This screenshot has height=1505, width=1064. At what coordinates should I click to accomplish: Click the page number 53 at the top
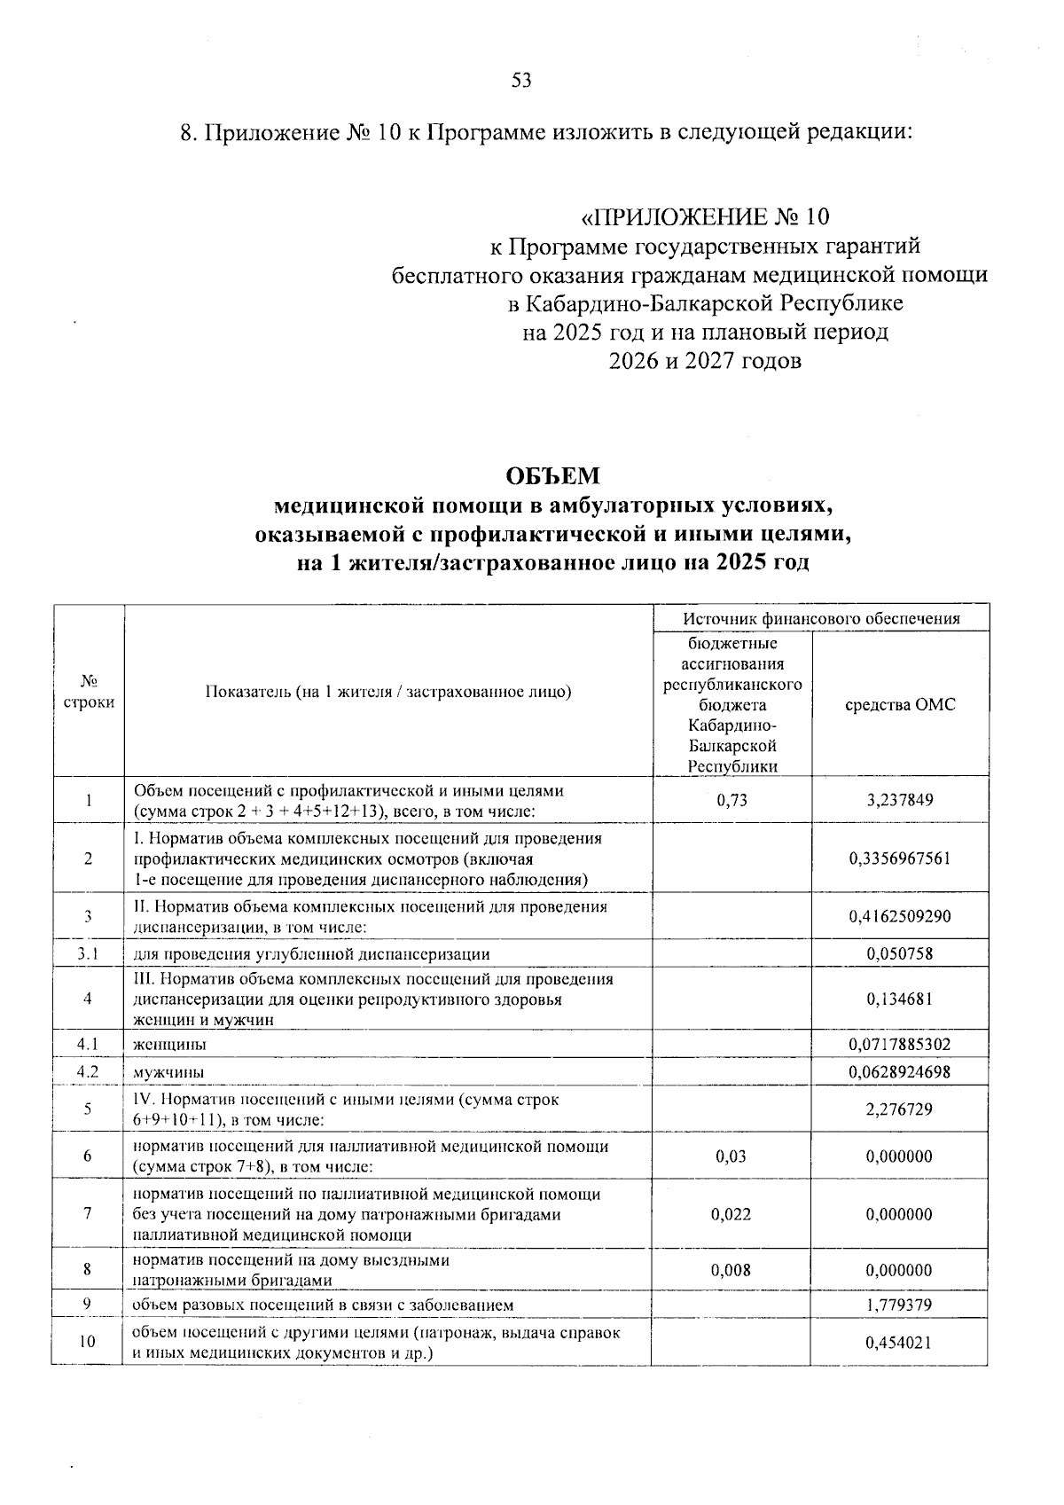[521, 82]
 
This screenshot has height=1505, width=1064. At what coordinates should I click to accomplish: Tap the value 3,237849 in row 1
[899, 800]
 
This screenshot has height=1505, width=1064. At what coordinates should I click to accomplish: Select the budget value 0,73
[731, 800]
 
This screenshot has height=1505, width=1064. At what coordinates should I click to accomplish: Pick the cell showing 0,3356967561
[899, 858]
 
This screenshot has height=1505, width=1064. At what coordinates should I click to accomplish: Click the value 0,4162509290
[899, 916]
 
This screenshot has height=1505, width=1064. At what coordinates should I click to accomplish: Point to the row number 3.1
[87, 954]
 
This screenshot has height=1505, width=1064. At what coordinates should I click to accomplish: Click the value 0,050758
[899, 954]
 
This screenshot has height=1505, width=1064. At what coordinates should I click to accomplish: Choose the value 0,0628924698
[899, 1071]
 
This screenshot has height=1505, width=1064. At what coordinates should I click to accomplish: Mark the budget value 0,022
[731, 1214]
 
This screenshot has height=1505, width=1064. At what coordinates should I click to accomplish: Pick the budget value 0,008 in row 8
[731, 1270]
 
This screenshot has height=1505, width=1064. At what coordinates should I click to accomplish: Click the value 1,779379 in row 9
[899, 1305]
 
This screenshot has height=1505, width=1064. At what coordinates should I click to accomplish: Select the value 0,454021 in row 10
[899, 1343]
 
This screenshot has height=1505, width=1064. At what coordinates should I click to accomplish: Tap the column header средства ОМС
[899, 705]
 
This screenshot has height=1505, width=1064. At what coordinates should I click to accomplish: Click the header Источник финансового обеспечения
[821, 619]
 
